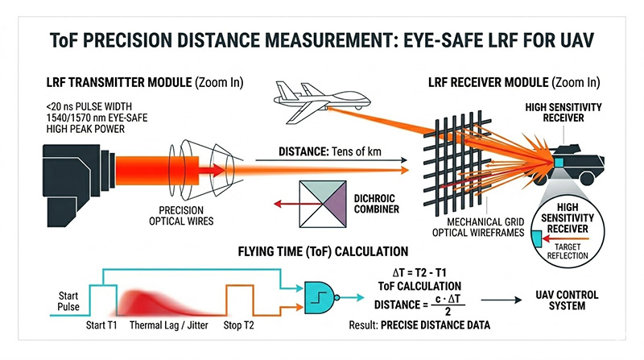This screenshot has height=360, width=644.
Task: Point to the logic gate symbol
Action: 322,297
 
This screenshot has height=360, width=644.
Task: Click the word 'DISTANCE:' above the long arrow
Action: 299,151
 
